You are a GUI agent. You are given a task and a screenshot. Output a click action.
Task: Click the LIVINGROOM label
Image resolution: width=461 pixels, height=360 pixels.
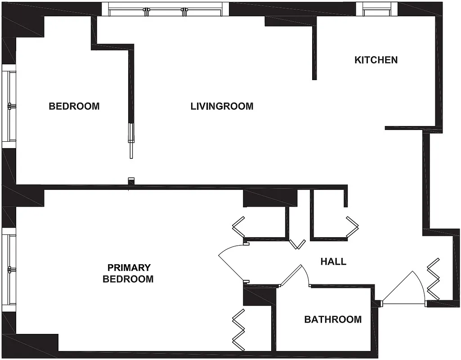(x=222, y=106)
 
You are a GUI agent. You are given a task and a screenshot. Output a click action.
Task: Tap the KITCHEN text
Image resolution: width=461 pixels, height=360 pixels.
(x=376, y=60)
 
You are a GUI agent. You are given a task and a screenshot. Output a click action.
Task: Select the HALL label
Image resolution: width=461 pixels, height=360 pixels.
(x=333, y=261)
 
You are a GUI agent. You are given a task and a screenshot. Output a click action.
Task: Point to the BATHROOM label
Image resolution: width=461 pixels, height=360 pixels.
(x=333, y=319)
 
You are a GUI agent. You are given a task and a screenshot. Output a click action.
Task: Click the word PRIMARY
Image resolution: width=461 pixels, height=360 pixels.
(x=128, y=268)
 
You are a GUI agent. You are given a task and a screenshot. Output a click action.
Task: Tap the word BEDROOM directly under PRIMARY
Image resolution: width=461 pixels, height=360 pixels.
(x=128, y=279)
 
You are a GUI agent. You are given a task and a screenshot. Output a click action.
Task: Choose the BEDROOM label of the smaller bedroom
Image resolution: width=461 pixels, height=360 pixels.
(x=74, y=106)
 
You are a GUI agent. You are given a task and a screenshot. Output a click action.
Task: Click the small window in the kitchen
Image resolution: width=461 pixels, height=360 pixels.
(x=377, y=9)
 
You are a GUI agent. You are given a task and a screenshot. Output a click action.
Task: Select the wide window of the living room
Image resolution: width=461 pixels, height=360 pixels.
(x=165, y=9)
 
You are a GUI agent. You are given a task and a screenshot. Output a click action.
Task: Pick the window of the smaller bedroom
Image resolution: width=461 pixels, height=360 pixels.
(x=9, y=106)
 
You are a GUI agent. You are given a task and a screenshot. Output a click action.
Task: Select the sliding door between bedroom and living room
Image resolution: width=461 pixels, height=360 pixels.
(x=131, y=140)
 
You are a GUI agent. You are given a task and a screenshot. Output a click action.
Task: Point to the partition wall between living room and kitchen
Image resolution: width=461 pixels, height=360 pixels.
(x=315, y=49)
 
